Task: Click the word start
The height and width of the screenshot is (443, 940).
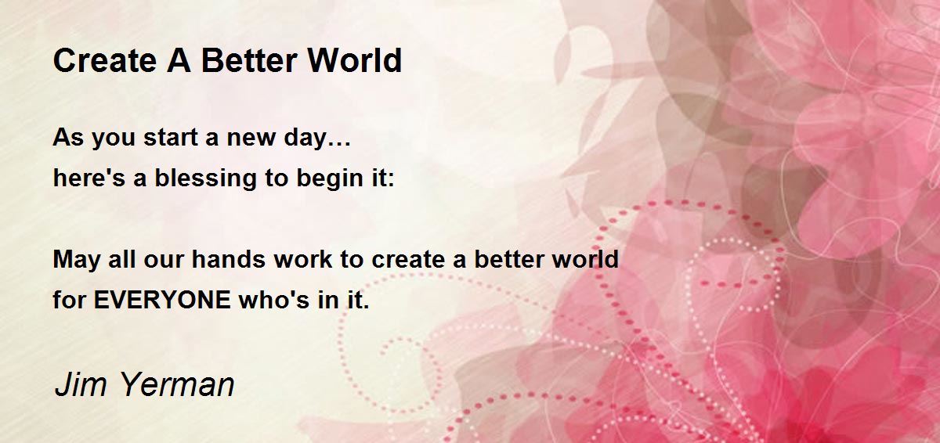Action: [171, 137]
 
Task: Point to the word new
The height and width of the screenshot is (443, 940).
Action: [251, 139]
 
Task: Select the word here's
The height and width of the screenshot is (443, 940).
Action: [89, 178]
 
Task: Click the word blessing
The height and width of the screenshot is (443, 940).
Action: [205, 179]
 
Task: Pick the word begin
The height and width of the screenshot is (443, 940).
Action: [329, 179]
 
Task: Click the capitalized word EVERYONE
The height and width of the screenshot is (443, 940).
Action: [162, 300]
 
